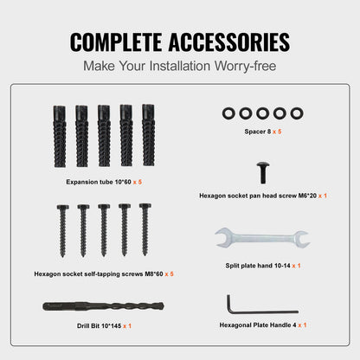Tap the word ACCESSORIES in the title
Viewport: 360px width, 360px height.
click(228, 41)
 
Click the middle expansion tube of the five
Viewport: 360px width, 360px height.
click(103, 136)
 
